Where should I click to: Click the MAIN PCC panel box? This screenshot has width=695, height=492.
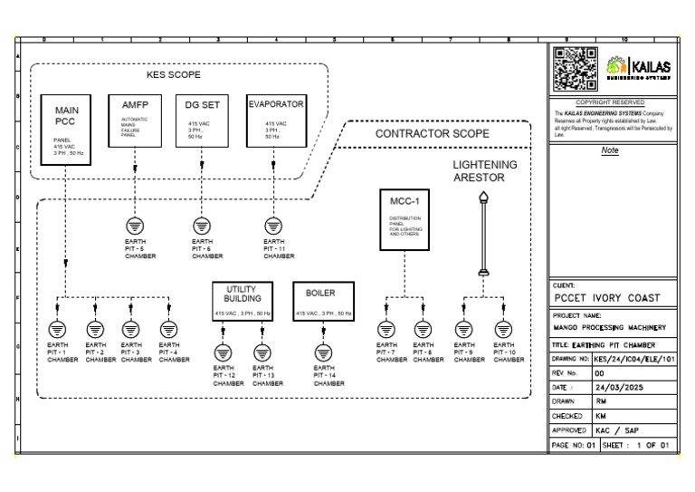point(65,128)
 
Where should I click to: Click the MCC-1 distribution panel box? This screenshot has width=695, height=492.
point(405,220)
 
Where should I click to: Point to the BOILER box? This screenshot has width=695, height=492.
point(323,301)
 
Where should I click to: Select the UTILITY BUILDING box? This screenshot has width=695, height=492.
point(243,301)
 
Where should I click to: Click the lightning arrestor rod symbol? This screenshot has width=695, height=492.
point(483,234)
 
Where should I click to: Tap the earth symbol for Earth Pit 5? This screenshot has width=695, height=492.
point(134,225)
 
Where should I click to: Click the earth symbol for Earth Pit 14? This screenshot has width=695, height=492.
point(323,352)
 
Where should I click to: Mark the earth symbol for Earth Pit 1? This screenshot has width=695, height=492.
point(56,329)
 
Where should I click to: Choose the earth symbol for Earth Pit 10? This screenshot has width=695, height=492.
point(503,329)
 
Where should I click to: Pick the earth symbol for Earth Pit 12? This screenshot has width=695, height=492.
point(224,352)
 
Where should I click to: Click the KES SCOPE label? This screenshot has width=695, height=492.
point(174,74)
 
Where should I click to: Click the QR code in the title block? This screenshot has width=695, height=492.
point(575,69)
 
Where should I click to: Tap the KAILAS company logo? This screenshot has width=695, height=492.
point(639,67)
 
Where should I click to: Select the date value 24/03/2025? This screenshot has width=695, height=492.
point(618,386)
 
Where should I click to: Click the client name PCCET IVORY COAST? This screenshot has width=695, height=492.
point(606,298)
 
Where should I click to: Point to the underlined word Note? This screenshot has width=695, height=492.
point(610,150)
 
